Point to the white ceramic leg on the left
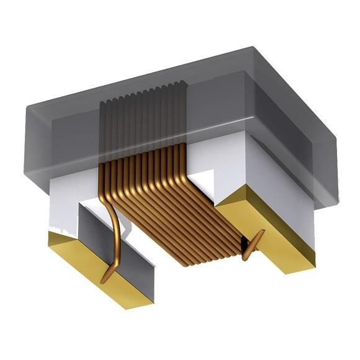(62, 205)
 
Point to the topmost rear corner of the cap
(252, 46)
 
